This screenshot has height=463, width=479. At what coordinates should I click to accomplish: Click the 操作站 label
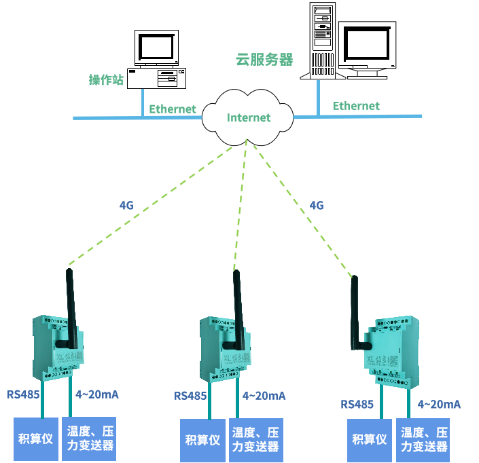(106, 80)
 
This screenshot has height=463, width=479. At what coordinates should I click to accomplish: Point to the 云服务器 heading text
(264, 60)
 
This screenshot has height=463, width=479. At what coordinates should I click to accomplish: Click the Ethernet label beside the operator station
(173, 109)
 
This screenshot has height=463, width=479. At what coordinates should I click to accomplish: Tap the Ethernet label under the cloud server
(356, 106)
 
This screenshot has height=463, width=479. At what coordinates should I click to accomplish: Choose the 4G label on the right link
(316, 204)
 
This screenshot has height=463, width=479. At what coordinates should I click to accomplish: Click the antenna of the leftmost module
(70, 299)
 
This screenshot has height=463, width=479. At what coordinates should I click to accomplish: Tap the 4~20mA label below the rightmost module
(439, 405)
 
